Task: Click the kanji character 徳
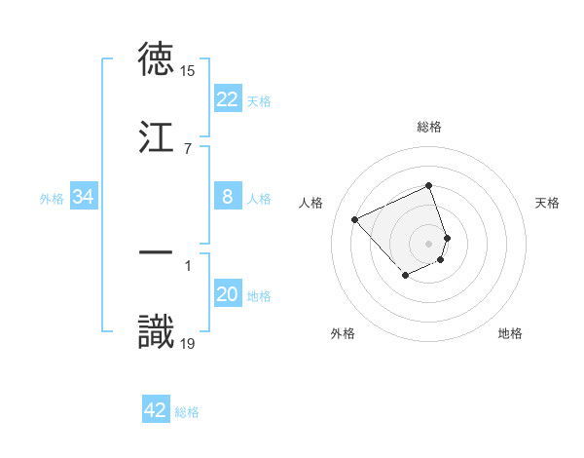[x=157, y=59]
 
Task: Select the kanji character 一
[x=157, y=252]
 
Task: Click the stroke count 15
[x=188, y=71]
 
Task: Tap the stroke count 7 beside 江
[x=187, y=148]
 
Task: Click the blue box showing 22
[x=227, y=99]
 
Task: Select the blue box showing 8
[x=227, y=197]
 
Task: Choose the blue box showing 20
[x=227, y=294]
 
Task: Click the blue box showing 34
[x=84, y=197]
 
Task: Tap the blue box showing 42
[x=156, y=410]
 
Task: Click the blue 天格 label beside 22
[x=259, y=100]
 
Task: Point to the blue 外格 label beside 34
[x=52, y=198]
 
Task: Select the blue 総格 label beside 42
[x=187, y=411]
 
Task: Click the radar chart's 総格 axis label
[x=429, y=127]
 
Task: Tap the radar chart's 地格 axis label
[x=510, y=333]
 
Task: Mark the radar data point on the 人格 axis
[x=355, y=218]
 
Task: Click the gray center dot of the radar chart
[x=429, y=243]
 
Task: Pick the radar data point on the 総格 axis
[x=429, y=186]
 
